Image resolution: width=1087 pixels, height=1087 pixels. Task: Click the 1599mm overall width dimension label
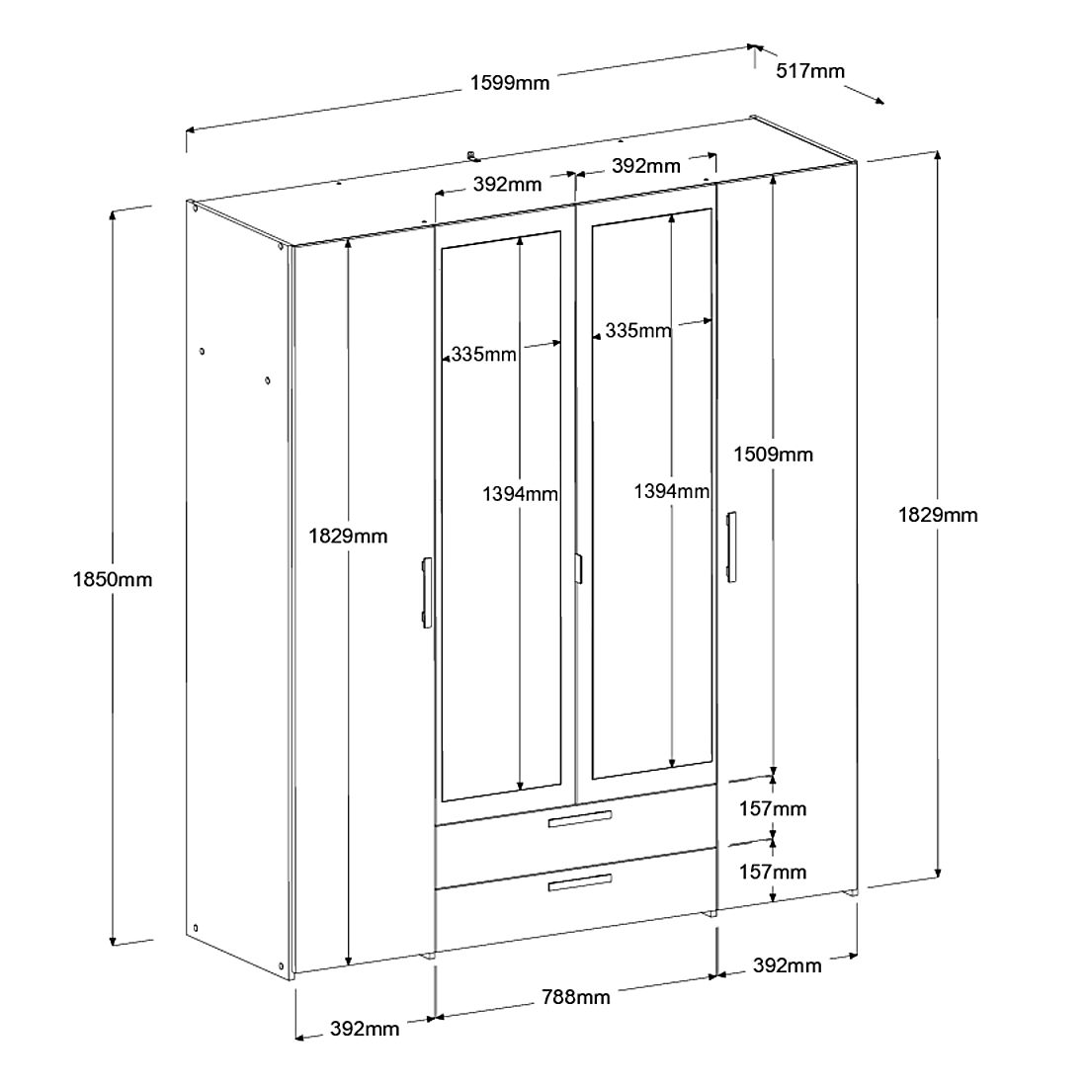510,83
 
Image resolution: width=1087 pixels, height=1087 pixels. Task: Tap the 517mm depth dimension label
810,71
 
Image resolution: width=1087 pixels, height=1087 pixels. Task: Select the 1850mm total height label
113,579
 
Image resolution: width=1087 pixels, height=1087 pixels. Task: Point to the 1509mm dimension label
773,455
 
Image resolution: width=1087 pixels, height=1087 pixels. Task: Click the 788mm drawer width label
577,996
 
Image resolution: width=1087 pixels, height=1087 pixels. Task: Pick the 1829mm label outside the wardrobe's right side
938,515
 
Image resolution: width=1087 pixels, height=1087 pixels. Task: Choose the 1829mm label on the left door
348,536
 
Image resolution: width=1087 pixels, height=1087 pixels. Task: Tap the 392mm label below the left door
365,1029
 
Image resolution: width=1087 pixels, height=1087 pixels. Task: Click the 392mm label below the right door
787,965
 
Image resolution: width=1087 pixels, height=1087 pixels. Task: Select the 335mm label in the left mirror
483,354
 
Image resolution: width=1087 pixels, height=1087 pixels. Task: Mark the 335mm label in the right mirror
637,330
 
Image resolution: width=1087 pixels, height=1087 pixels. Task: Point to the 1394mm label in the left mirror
520,493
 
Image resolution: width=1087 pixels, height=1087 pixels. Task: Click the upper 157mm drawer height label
773,809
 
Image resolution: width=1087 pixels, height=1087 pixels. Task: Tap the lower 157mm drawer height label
773,872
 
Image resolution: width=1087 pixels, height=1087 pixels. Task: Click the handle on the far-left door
425,592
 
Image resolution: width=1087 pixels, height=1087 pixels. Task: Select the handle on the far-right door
731,546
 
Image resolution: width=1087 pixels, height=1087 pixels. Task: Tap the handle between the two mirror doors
577,569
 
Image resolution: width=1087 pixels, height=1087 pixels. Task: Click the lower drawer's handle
580,882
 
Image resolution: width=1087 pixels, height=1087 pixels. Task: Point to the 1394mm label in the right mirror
671,491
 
